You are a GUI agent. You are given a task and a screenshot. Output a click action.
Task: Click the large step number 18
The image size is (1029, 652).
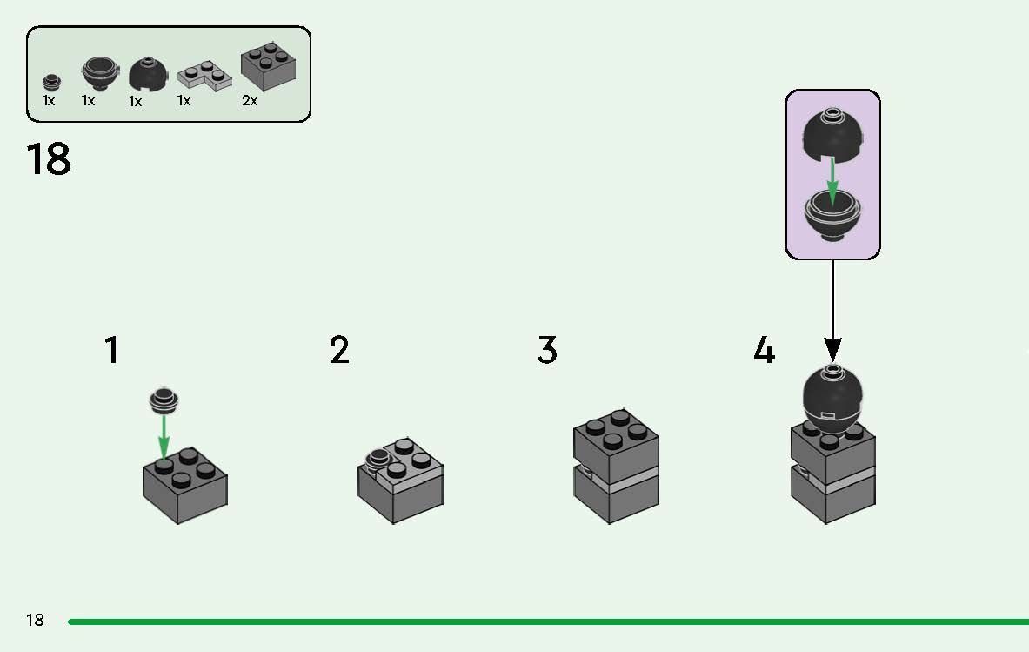49,160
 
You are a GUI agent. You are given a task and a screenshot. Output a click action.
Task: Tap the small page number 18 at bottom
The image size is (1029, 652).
35,620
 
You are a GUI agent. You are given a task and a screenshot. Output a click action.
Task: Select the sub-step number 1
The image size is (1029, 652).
111,350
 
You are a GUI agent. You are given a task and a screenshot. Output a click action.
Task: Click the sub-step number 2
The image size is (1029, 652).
339,350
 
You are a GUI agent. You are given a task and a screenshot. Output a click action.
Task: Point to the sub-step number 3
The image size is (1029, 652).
546,350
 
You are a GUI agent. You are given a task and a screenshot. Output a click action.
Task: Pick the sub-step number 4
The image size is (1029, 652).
763,350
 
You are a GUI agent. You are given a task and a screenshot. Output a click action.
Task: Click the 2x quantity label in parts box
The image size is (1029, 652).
250,101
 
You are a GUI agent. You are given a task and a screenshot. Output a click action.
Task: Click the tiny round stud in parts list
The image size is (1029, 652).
52,82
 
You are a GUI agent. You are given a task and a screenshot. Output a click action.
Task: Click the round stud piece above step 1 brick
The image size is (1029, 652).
164,400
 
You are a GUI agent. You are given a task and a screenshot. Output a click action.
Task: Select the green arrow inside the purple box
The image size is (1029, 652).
832,181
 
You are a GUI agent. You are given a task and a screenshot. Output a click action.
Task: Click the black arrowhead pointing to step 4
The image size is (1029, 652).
832,350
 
